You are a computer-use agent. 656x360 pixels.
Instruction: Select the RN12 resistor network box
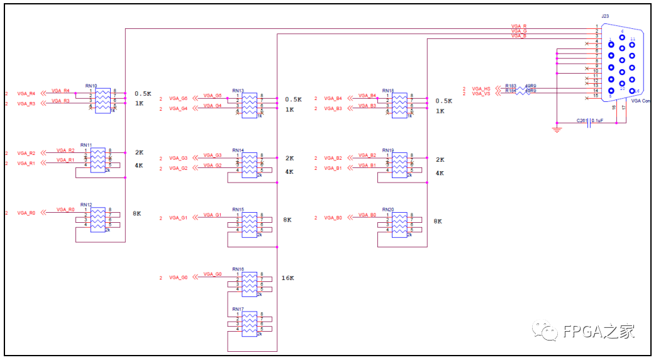97,220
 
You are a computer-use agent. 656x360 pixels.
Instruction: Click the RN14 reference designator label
238,150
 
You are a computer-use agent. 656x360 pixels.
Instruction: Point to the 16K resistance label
288,278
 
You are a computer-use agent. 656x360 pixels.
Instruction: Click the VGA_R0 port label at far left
26,213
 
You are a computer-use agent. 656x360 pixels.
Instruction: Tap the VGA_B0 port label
333,218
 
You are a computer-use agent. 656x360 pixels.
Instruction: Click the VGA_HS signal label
482,89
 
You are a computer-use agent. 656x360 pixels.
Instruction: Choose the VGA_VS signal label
482,94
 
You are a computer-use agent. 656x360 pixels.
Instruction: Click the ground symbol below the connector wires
557,130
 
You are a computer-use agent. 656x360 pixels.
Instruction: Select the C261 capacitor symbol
589,124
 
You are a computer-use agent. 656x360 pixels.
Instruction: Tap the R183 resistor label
511,86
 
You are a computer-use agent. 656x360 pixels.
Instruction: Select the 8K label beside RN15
287,220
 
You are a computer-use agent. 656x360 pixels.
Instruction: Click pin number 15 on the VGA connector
596,96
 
